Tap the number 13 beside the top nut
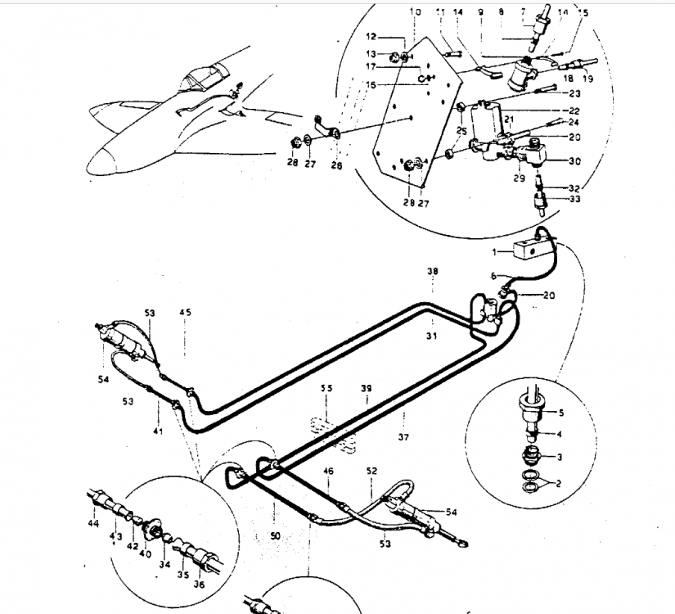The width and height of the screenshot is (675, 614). click(x=371, y=53)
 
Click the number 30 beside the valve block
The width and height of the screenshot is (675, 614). click(x=574, y=160)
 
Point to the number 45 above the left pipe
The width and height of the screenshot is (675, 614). click(x=186, y=312)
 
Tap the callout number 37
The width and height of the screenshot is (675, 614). click(x=403, y=437)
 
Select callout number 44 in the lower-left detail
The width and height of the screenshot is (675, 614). click(x=94, y=523)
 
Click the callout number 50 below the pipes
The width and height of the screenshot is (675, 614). click(x=275, y=535)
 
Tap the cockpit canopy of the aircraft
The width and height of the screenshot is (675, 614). click(x=194, y=82)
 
